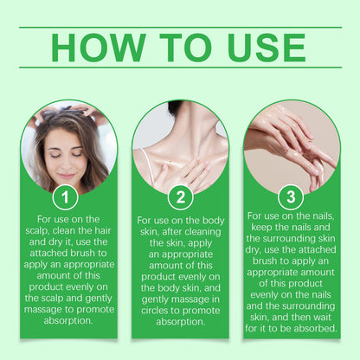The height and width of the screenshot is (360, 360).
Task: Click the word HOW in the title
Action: (99, 48)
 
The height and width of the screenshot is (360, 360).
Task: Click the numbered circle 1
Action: (65, 197)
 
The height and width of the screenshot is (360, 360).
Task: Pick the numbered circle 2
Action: (181, 197)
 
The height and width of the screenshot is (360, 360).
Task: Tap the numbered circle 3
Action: (291, 196)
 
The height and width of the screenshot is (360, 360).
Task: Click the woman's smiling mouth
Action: (67, 176)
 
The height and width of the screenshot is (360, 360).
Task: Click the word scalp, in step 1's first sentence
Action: (37, 231)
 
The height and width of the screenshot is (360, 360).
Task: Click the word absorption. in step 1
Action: (68, 321)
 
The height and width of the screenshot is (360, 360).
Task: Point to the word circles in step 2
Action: (155, 311)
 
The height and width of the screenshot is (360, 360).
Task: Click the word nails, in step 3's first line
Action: (321, 216)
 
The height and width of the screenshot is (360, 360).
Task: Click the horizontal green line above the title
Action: (181, 28)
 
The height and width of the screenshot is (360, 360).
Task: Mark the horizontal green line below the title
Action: (181, 67)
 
